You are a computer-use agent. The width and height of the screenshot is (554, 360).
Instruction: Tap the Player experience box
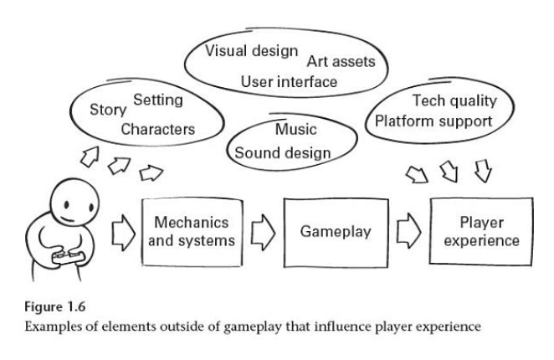[480, 230]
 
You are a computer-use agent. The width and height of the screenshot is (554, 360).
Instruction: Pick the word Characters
[157, 130]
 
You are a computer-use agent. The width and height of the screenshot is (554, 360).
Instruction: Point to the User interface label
[289, 82]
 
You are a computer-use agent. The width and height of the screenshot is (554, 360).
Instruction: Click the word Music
[295, 131]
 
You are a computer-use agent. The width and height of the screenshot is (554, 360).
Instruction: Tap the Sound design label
[283, 152]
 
